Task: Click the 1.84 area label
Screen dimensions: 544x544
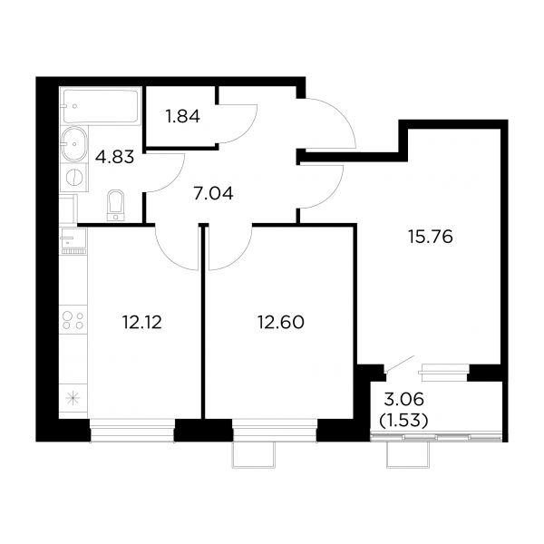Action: point(183,117)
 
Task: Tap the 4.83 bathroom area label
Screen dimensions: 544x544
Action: point(114,158)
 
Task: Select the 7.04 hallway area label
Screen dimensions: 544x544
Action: point(213,193)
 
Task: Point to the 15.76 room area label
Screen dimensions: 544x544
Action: point(431,237)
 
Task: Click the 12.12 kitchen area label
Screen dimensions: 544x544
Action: point(142,322)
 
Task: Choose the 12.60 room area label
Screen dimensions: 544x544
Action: point(281,322)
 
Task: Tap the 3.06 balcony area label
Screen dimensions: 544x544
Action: point(404,400)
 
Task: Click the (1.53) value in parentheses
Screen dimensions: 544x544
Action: point(403,421)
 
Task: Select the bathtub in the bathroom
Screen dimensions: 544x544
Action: point(101,105)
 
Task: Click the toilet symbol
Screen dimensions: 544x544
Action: point(116,205)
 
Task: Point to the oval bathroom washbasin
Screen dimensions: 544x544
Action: point(73,143)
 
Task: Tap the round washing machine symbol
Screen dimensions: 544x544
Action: point(73,177)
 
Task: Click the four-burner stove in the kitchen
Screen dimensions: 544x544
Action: point(73,320)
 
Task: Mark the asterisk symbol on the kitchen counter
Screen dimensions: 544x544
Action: point(73,398)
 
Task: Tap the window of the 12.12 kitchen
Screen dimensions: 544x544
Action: point(131,431)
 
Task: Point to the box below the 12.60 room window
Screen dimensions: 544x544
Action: point(254,454)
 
